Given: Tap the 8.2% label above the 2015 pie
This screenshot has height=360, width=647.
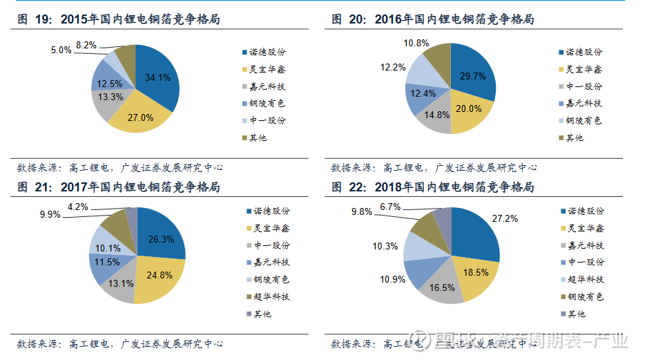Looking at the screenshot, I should (86, 44).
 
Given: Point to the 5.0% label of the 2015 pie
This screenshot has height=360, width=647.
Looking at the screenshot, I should (61, 50).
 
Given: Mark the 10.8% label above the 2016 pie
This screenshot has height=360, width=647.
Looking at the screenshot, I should (415, 43).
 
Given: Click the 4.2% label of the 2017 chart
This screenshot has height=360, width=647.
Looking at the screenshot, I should (78, 207).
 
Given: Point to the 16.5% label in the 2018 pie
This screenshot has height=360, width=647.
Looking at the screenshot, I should (442, 287).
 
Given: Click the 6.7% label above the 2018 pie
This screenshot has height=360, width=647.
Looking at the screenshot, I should (391, 207).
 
